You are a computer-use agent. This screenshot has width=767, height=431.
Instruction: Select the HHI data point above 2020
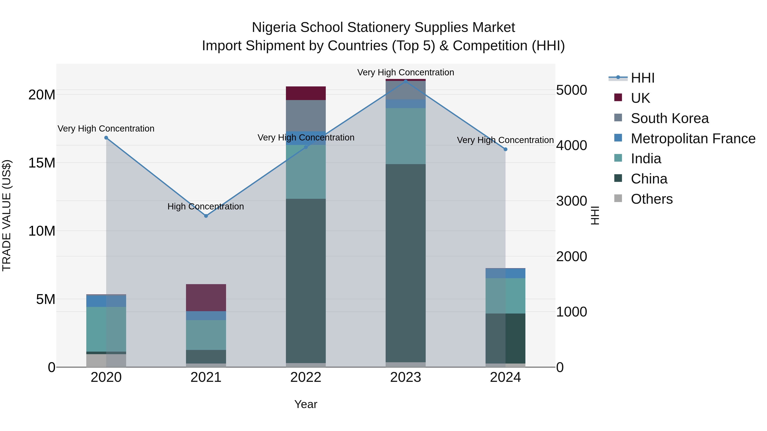tap(106, 138)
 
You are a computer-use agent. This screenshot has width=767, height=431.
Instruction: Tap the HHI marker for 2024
tap(505, 149)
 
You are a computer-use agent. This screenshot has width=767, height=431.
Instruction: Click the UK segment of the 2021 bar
tap(206, 298)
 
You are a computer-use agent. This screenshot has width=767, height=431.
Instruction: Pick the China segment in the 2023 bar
tap(405, 263)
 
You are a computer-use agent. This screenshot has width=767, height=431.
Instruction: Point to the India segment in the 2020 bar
tap(106, 329)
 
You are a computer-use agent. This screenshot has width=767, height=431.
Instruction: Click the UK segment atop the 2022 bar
tap(306, 93)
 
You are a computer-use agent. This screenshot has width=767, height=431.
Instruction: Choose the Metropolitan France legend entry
tap(693, 139)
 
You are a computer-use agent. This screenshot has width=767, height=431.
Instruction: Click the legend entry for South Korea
tap(669, 118)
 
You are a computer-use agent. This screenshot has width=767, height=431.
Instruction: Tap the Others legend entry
tap(652, 199)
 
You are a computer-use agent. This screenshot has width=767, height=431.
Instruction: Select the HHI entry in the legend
tap(643, 78)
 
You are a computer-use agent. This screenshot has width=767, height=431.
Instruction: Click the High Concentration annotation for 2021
tap(206, 206)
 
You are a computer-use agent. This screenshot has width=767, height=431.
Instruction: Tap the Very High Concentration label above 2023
tap(405, 72)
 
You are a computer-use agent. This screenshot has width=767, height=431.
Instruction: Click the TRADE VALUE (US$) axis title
tap(7, 215)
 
